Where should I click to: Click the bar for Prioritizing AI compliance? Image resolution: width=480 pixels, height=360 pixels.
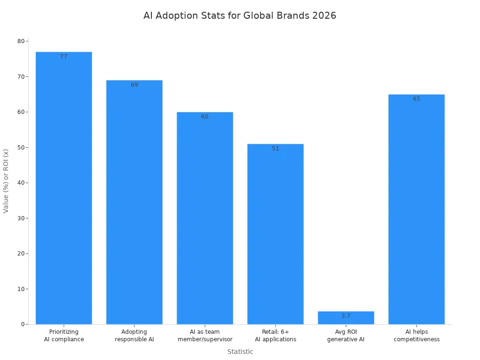pos(64,187)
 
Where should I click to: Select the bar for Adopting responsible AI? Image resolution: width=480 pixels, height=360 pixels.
pos(135,202)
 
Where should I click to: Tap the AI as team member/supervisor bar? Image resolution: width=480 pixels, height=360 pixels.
pos(205,218)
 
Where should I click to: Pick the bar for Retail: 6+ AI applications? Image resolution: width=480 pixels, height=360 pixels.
pos(276,234)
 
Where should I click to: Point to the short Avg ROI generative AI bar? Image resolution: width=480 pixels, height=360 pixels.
pos(346,318)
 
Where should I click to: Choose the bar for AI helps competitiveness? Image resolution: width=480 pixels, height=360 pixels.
pos(417,209)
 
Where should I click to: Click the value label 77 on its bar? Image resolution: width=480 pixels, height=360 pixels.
pos(64,57)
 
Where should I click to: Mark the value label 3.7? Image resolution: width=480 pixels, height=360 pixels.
pos(346,316)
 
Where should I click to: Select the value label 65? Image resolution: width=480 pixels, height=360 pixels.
pos(417,99)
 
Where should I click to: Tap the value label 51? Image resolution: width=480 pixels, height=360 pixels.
pos(276,149)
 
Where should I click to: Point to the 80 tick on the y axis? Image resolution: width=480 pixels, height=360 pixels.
pos(21,41)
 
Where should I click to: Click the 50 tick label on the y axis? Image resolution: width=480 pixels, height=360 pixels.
pos(21,147)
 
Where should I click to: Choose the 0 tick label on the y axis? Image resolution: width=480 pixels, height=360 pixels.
pos(22,324)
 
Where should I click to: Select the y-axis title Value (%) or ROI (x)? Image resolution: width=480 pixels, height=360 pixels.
pos(6,181)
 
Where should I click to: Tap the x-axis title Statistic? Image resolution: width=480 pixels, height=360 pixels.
pos(240,352)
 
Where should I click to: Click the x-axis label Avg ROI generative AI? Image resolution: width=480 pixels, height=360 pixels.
pos(346,336)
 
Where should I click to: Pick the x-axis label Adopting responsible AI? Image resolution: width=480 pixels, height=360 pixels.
pos(135,336)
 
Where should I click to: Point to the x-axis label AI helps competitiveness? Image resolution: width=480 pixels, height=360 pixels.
pos(417,336)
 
